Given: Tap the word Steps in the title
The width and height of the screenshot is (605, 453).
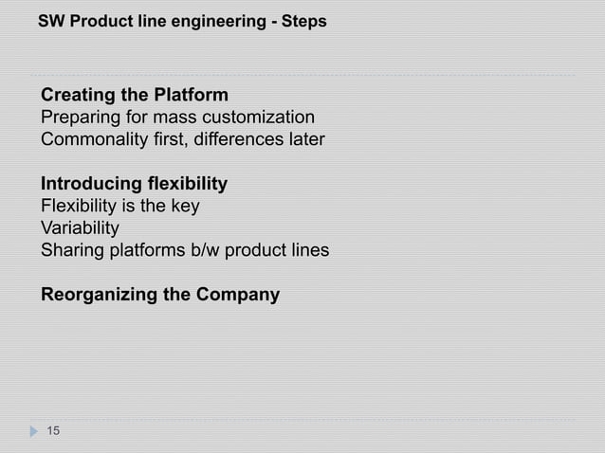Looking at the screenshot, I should click(x=305, y=20).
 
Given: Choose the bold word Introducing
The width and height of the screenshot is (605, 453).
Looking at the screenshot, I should click(x=92, y=183).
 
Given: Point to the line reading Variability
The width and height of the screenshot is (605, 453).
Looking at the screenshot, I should click(x=80, y=228).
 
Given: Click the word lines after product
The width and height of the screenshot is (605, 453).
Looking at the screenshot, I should click(x=309, y=250).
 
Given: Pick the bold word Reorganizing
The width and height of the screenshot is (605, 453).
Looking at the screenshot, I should click(x=100, y=294).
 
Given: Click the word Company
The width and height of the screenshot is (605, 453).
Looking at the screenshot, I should click(x=237, y=294).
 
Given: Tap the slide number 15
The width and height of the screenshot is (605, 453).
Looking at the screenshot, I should click(x=53, y=432).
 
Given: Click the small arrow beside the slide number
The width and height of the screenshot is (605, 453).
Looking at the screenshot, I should click(x=34, y=432).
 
